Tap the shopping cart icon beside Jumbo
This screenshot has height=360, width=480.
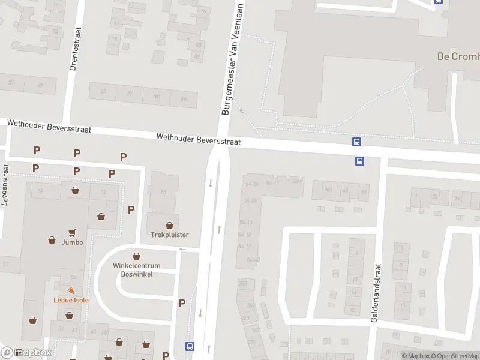[73, 232]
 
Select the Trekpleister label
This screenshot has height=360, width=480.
[170, 235]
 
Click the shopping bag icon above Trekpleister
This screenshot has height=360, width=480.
[170, 226]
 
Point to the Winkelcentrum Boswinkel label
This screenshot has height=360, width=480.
[136, 269]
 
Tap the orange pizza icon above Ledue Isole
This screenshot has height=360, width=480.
[71, 291]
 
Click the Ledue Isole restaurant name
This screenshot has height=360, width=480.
[71, 300]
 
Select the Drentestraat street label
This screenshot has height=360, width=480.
[74, 49]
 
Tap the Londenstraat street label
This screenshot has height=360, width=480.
[5, 185]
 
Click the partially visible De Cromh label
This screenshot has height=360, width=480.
[458, 57]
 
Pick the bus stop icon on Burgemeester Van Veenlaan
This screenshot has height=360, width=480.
[190, 346]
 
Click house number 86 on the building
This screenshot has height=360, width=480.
[163, 192]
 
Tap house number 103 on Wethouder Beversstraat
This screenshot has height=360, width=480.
[183, 98]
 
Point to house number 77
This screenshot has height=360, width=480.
[130, 95]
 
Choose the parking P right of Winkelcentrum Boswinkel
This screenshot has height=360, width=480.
[182, 304]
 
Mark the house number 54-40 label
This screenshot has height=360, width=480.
[253, 259]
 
